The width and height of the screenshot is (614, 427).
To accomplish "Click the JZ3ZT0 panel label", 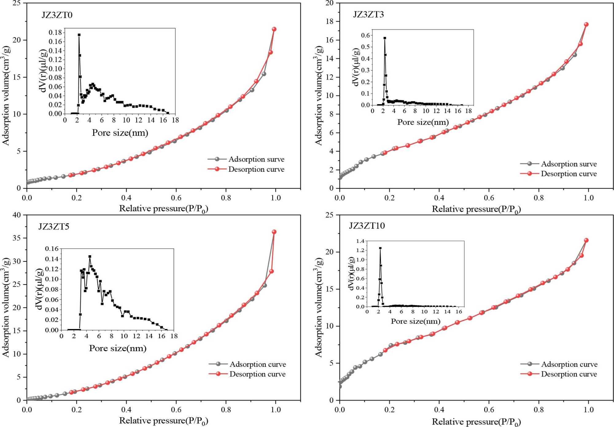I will (x=57, y=15).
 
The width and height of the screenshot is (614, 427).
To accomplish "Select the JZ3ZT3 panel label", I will (x=368, y=14).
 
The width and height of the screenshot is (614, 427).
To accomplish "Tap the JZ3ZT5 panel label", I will (x=54, y=227).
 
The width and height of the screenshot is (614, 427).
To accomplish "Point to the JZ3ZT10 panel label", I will (x=367, y=226).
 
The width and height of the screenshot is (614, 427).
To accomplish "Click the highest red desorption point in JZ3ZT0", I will (x=274, y=29).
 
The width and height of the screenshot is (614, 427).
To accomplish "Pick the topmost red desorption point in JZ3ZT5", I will (x=274, y=232).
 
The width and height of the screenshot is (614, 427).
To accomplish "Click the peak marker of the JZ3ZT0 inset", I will (x=79, y=35).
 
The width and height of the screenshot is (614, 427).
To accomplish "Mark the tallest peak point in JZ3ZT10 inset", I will (x=380, y=248).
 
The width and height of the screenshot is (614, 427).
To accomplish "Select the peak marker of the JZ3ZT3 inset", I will (x=385, y=38).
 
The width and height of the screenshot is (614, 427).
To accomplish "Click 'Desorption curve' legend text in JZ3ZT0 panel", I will (x=256, y=169).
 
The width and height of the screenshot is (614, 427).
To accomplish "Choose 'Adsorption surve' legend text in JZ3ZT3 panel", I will (x=569, y=164).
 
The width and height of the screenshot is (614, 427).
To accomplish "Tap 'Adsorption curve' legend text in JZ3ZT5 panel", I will (x=258, y=364).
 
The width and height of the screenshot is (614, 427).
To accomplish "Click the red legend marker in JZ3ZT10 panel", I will (x=530, y=374).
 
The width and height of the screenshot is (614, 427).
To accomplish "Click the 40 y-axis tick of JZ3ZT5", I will (x=17, y=215).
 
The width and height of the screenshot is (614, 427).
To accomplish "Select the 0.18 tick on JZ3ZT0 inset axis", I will (x=55, y=33).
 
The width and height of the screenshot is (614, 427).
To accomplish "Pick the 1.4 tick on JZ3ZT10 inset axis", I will (x=360, y=241).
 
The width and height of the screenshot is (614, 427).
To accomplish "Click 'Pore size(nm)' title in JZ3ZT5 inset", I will (x=118, y=348).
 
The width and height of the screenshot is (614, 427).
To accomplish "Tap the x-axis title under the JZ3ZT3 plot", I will (x=476, y=210).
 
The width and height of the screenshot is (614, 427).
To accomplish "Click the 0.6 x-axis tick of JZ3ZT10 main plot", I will (x=489, y=410).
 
